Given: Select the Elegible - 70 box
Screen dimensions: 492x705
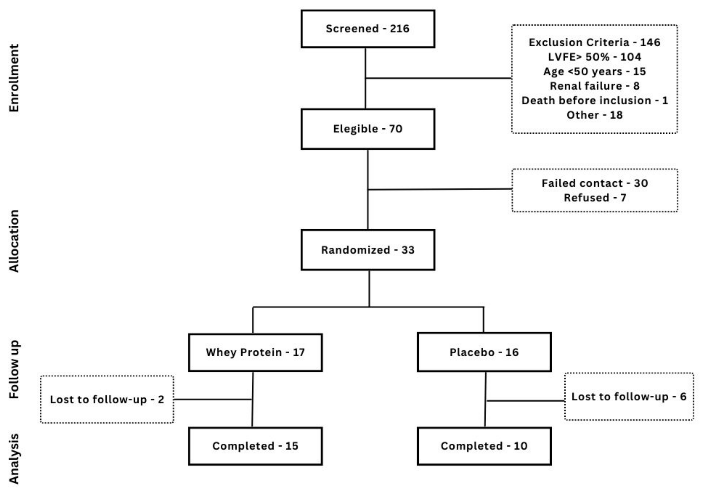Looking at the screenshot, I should (367, 129).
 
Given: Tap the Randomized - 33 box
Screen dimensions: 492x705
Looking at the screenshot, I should (367, 250).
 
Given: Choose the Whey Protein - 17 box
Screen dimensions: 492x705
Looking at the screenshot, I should (255, 352).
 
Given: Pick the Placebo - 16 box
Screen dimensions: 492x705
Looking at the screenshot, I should (484, 352).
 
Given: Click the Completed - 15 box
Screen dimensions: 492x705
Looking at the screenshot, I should (255, 446).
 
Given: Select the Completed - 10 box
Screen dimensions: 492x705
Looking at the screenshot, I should (484, 446).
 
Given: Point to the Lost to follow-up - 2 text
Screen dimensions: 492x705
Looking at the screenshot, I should (107, 399).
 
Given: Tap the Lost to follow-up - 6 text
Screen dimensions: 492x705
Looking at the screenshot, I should (629, 397).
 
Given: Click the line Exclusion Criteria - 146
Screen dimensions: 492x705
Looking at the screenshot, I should (594, 42).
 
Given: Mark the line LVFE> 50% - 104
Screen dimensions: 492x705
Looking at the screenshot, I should (594, 57).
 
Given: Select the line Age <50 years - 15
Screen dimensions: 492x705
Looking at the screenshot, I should (594, 71).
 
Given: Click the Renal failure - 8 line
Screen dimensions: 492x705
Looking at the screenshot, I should (594, 86).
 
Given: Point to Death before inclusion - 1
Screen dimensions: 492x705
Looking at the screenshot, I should (594, 100).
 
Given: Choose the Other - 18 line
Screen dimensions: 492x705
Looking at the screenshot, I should (594, 115).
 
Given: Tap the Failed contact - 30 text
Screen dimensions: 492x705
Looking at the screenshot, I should (594, 183).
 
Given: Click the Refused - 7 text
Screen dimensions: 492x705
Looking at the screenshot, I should (594, 198).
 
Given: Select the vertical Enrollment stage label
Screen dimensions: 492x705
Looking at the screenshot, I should (14, 78).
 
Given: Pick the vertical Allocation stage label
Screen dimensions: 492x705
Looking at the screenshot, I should (14, 241).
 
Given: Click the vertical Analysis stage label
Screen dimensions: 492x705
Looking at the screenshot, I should (14, 459).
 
